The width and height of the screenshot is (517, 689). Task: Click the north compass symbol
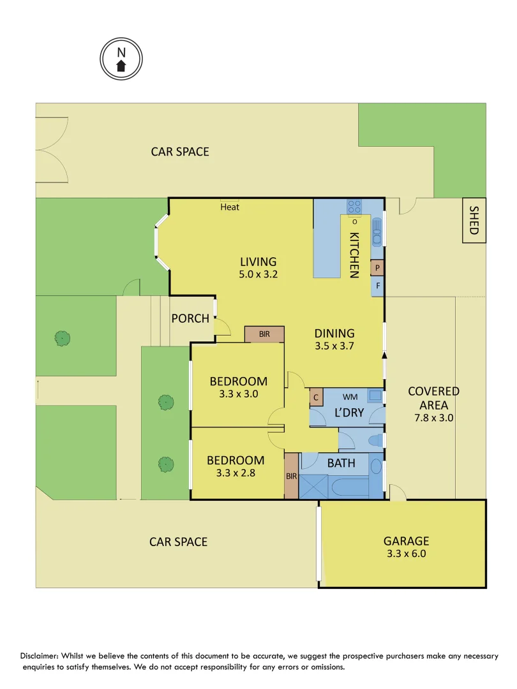pos(121,59)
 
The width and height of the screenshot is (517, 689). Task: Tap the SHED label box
pos(474,220)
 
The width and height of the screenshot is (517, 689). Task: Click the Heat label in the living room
pos(230,207)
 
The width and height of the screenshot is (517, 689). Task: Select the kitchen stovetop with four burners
pos(355,206)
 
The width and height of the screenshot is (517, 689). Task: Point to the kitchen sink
pos(377,228)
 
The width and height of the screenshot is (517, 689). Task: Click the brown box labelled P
pos(377,268)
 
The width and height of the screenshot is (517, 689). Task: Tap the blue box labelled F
pos(377,286)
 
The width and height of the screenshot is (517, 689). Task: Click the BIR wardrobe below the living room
pos(264,334)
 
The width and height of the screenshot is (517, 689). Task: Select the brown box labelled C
pos(315,397)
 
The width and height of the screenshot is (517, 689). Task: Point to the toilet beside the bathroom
pos(377,440)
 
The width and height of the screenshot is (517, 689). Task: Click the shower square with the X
pos(314,486)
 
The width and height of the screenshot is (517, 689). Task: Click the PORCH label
pos(190,318)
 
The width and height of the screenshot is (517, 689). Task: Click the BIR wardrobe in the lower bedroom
pos(291,475)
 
